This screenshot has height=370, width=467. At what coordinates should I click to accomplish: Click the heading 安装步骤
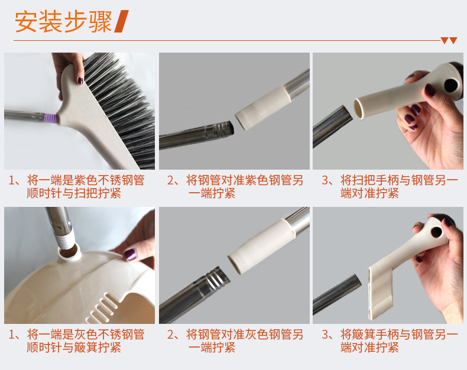[63, 21]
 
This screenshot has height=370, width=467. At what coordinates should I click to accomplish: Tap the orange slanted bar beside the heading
[122, 21]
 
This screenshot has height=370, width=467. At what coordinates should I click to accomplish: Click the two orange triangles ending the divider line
[449, 41]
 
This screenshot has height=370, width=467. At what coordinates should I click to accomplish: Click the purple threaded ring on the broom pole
[51, 118]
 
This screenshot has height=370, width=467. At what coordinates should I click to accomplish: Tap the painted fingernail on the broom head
[80, 80]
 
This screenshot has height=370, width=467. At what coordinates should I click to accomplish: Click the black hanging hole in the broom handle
[451, 86]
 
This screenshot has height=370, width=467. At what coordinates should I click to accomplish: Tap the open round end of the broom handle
[359, 109]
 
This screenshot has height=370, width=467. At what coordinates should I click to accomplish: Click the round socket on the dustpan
[69, 253]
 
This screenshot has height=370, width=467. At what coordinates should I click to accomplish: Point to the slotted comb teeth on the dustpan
[101, 309]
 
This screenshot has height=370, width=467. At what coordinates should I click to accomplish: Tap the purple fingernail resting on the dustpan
[130, 255]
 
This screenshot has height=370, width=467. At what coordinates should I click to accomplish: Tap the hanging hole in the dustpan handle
[437, 232]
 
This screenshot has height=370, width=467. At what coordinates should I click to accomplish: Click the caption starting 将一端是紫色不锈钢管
[77, 187]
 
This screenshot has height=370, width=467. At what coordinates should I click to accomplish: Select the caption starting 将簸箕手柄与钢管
[390, 341]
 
